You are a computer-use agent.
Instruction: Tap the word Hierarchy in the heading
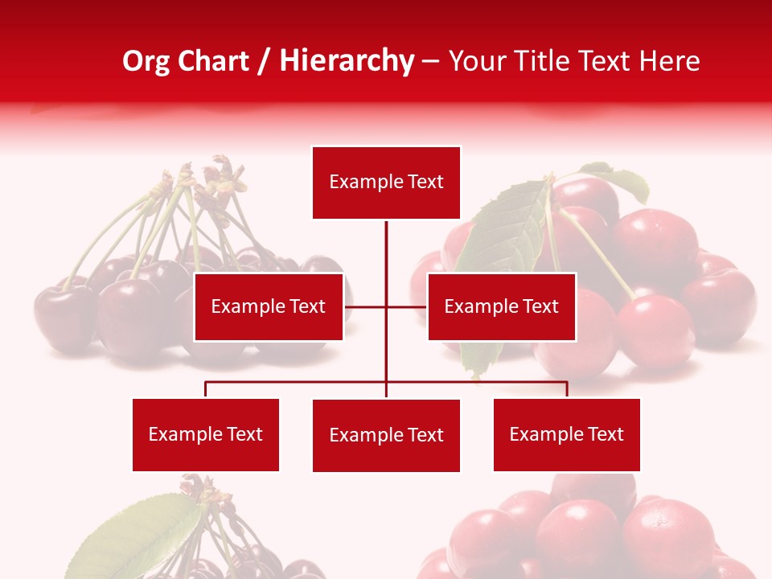pos(347,61)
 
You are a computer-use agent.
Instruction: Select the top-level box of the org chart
pos(386,183)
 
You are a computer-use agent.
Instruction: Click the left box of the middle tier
pos(269,306)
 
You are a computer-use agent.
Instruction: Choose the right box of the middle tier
pos(502,306)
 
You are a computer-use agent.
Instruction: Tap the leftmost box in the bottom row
pos(206,435)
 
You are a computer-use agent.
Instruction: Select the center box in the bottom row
pos(386,436)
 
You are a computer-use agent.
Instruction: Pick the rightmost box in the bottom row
pos(567,435)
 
